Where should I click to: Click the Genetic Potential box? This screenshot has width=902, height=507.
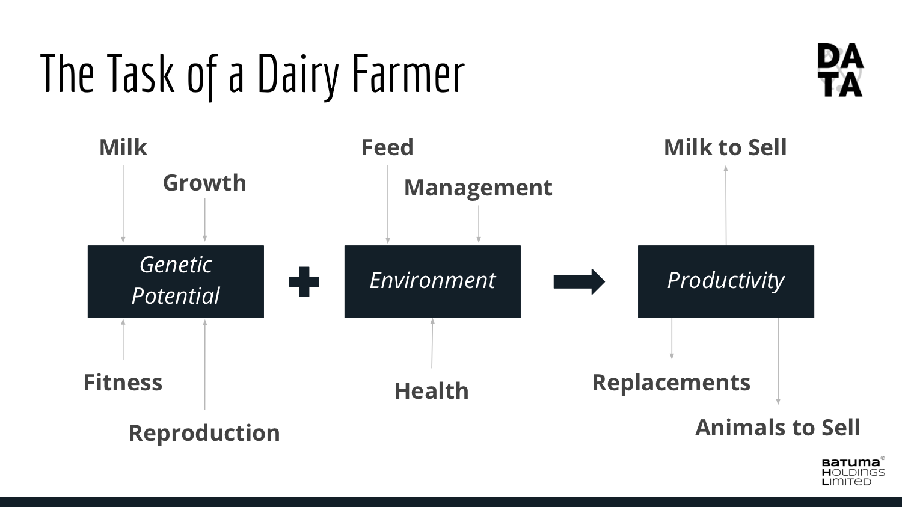pos(176,281)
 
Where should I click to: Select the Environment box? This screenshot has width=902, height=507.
pos(432,281)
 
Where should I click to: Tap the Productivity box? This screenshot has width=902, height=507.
pos(726,281)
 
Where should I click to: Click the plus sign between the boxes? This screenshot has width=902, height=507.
pos(304,281)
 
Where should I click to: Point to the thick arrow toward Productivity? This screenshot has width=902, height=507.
pos(579,281)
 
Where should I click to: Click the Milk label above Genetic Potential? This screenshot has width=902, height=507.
pos(123,147)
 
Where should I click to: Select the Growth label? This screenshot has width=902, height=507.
pos(204,183)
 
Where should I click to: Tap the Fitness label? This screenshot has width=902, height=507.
pos(123,382)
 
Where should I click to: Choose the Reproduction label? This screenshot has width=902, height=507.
pos(204,433)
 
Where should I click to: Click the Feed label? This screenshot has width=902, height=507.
pos(387,147)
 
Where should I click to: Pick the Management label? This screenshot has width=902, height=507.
pos(478,188)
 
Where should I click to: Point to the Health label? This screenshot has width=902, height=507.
pos(432,391)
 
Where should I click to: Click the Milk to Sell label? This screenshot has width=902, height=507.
pos(725,147)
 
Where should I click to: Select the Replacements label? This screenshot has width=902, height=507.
pos(671,383)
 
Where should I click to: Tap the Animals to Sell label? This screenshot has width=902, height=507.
pos(778,427)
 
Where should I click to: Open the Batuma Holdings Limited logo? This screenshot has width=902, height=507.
pos(853,471)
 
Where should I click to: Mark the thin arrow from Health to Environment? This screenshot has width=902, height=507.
pos(432,343)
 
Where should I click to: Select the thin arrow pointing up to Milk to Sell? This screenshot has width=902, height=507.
pos(726,205)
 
